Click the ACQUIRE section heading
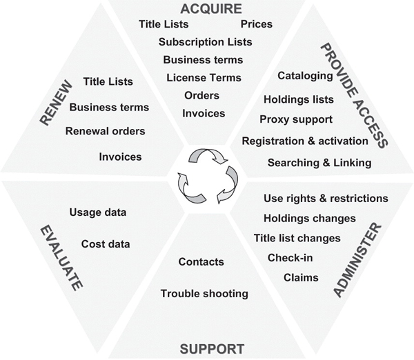tap(212, 8)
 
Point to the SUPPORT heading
tap(212, 349)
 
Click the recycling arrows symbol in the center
tap(206, 176)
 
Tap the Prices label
tap(256, 24)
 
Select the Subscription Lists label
tap(205, 42)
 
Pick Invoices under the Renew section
tap(120, 157)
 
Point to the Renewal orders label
tap(105, 131)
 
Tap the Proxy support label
tap(296, 119)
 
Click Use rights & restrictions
tap(326, 199)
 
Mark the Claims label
tap(301, 278)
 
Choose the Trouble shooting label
tap(204, 294)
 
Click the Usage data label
tap(98, 212)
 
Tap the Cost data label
tap(106, 243)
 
